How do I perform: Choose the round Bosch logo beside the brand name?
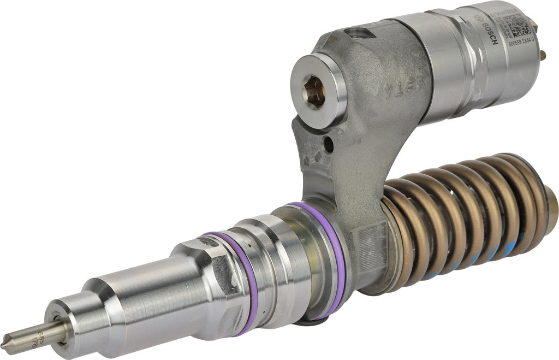point(487,17)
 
